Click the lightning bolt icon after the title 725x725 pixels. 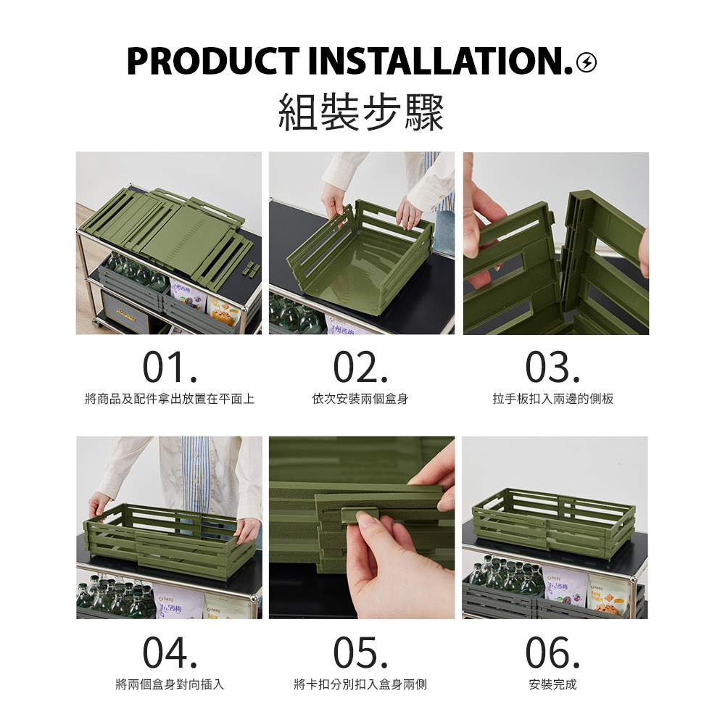587,62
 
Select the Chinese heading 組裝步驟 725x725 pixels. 361,112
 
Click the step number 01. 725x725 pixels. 170,368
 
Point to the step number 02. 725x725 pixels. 360,368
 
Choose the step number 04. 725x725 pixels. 170,652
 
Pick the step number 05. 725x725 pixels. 360,652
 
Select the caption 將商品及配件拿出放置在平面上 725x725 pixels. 170,399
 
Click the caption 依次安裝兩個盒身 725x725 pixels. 360,399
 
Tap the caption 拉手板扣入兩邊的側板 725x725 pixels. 553,399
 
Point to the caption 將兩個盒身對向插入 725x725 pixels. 170,684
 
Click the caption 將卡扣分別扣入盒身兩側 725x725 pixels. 360,684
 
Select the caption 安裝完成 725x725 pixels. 552,684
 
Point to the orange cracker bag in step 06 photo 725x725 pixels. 609,595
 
